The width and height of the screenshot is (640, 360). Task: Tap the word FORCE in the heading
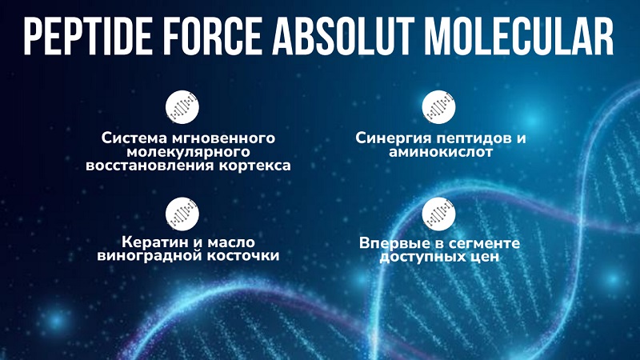pyautogui.click(x=214, y=36)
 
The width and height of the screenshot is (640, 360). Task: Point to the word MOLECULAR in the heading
pyautogui.click(x=519, y=36)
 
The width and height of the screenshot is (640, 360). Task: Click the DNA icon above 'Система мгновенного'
pyautogui.click(x=182, y=107)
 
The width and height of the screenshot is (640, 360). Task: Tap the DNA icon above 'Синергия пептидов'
pyautogui.click(x=438, y=107)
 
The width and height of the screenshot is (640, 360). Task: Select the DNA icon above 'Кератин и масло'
pyautogui.click(x=182, y=214)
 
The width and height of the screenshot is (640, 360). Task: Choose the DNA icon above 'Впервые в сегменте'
pyautogui.click(x=438, y=214)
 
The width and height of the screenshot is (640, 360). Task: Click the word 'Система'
pyautogui.click(x=134, y=138)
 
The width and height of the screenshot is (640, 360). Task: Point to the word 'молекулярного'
pyautogui.click(x=188, y=152)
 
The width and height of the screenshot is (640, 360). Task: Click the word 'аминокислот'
pyautogui.click(x=441, y=152)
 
